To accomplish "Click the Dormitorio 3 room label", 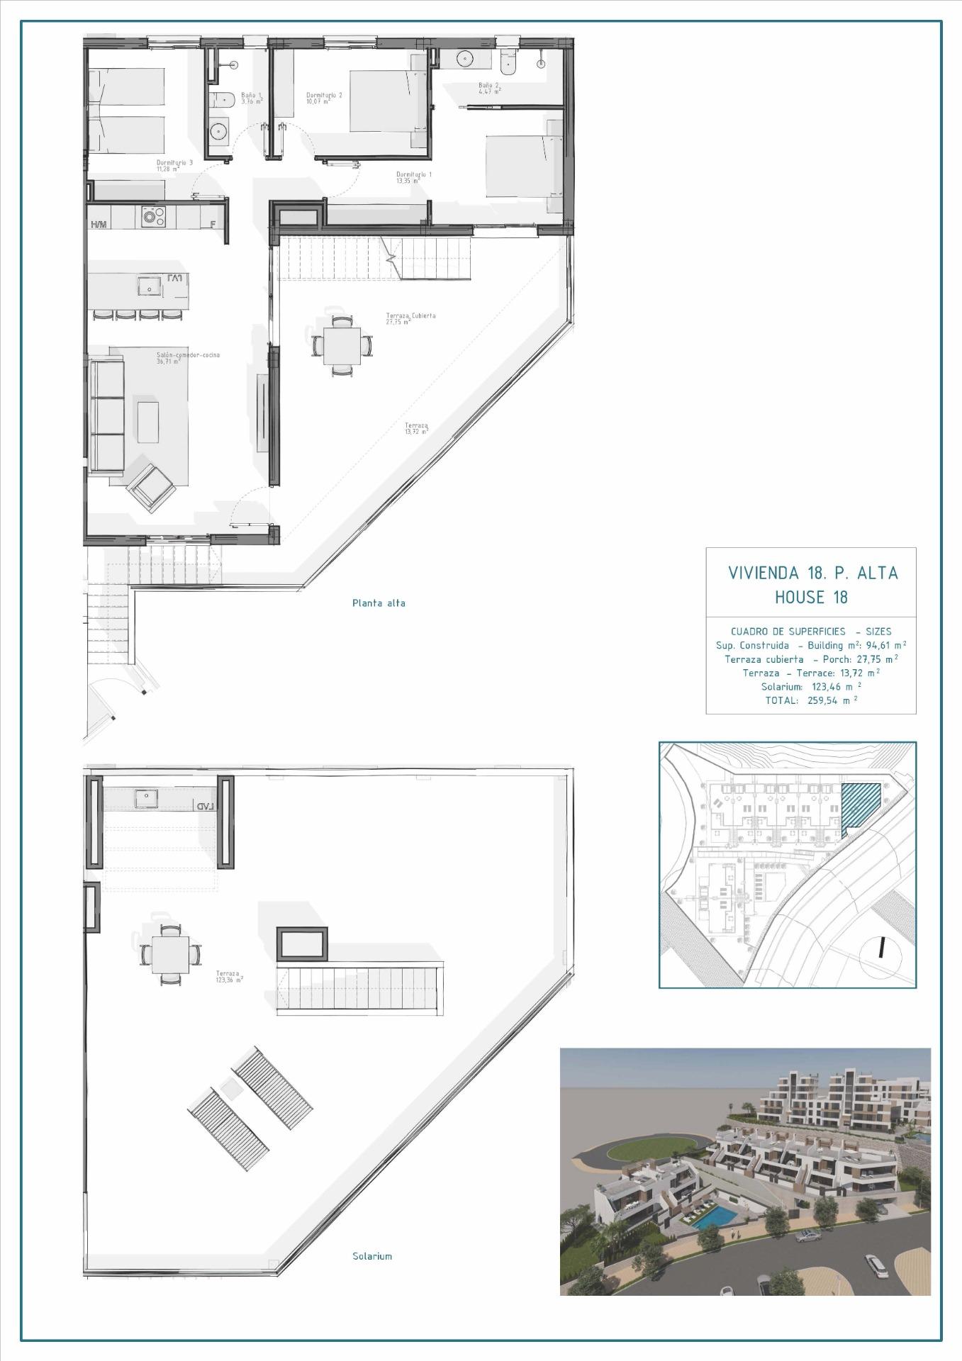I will click(174, 165).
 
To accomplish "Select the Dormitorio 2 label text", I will click(324, 98).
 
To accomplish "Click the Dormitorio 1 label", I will click(413, 177).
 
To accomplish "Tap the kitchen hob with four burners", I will click(152, 216).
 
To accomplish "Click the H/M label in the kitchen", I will click(99, 225).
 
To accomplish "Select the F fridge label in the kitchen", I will click(213, 225).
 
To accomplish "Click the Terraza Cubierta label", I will click(410, 318).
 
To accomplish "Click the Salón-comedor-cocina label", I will click(189, 357).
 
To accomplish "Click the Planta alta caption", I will click(379, 603).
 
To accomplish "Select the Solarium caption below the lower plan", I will click(372, 1256).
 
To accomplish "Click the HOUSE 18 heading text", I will click(811, 597).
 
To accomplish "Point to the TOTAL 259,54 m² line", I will click(811, 700).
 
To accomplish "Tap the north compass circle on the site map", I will click(881, 948).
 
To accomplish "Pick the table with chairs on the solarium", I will click(170, 953).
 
